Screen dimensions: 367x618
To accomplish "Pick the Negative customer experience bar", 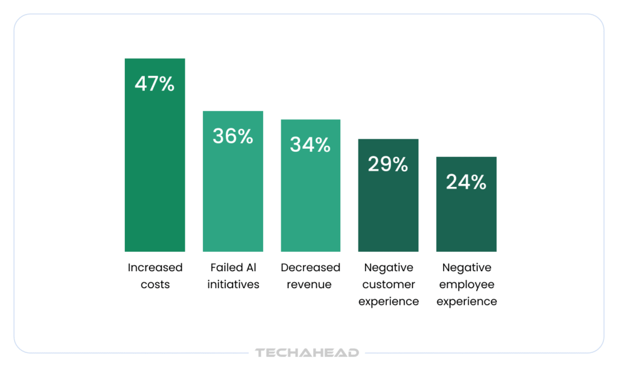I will pos(388,211).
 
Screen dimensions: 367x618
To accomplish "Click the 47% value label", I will pos(154,84).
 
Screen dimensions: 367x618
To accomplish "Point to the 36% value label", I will pos(232,136).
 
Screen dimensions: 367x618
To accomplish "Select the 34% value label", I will pos(310,145).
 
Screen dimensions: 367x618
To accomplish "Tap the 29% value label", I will pos(388,164).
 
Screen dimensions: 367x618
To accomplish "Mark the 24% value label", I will pos(466,182).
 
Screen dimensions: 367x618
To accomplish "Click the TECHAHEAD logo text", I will pos(307,353).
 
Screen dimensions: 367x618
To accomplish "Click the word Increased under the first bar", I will pos(154,268).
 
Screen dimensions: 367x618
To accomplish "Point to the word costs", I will pos(154,284).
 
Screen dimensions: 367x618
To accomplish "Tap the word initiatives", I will pos(233,284).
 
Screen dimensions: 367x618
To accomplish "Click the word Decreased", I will pos(310,268).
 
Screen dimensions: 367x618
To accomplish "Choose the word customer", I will pos(388,284).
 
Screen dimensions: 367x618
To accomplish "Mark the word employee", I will pos(466,284).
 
